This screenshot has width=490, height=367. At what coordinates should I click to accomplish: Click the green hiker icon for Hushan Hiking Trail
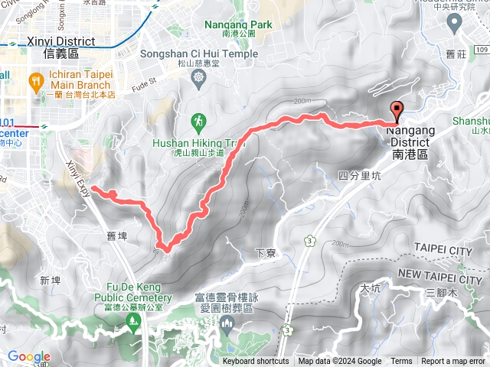(x=198, y=121)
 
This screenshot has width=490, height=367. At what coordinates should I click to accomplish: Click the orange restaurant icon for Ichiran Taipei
(x=35, y=80)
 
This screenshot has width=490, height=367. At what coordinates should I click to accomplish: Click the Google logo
(x=29, y=356)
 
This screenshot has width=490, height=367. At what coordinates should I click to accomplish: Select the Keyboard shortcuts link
(x=256, y=362)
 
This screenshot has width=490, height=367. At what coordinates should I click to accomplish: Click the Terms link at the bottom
(x=401, y=362)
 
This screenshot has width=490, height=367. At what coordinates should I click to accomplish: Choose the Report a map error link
(x=454, y=362)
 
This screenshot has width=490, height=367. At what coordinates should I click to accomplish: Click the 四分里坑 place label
(x=359, y=176)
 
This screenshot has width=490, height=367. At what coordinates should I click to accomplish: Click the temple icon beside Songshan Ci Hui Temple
(x=199, y=78)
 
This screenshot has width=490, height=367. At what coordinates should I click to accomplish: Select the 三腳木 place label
(x=440, y=293)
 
